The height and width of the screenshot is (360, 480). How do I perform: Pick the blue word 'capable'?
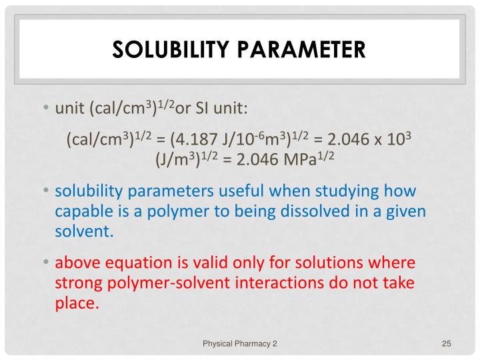tap(82, 211)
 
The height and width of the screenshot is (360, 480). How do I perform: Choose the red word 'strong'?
tap(77, 282)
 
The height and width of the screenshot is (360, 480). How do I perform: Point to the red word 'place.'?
tap(77, 303)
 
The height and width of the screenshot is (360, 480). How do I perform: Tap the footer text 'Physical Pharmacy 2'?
tap(240, 343)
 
